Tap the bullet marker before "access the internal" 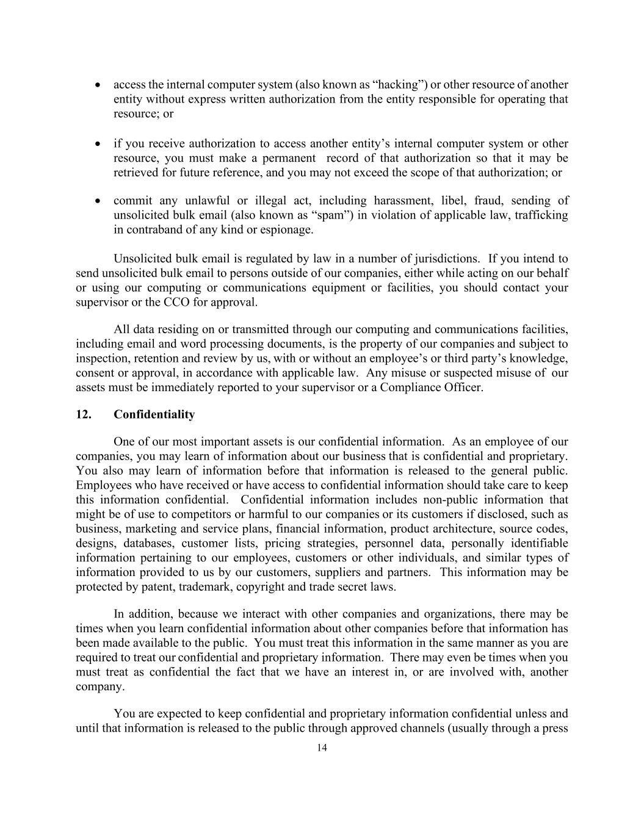click(98, 85)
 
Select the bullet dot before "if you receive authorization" click(98, 144)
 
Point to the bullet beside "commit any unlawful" click(98, 201)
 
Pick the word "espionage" click(288, 230)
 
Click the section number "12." click(84, 415)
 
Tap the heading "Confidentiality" click(154, 415)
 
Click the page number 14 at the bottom click(322, 748)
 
